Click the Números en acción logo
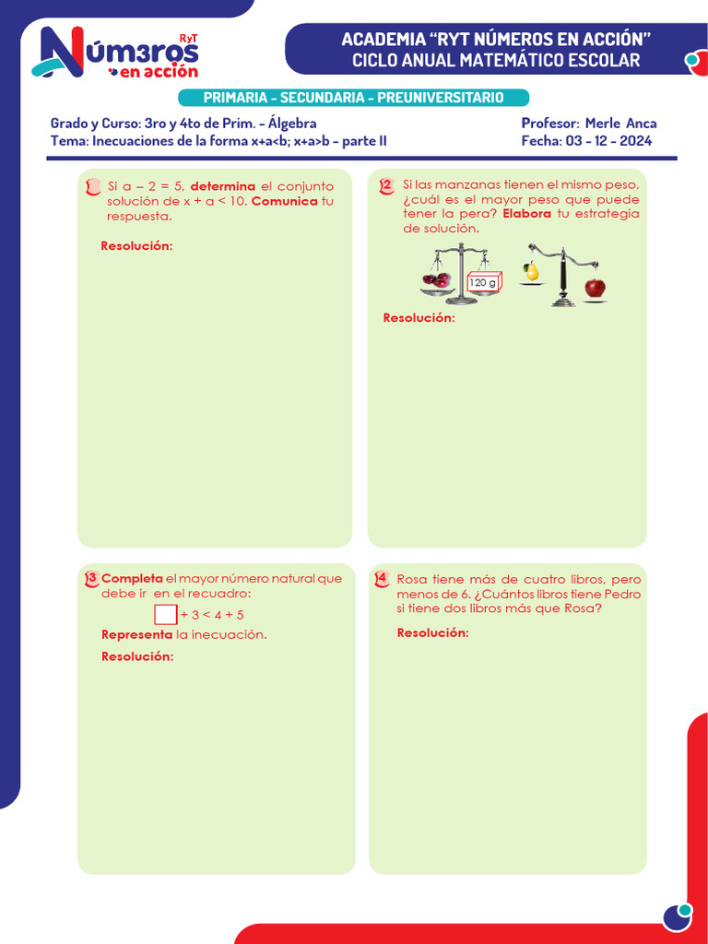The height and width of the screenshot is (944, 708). [115, 53]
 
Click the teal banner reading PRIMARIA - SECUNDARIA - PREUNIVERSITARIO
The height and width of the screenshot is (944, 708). [353, 98]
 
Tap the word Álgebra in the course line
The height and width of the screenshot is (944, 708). [292, 124]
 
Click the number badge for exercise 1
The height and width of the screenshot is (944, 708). [91, 187]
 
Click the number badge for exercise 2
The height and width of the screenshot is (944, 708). [386, 186]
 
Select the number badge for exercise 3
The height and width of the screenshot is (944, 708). [91, 579]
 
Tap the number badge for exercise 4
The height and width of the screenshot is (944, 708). [382, 579]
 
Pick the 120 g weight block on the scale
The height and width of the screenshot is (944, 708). [483, 282]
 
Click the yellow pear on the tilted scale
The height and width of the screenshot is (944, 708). [531, 271]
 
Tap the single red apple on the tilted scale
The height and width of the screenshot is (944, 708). [596, 288]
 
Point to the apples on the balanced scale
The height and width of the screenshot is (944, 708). [436, 279]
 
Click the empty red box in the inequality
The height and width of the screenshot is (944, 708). [166, 614]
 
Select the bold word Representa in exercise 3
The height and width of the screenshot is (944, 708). [136, 635]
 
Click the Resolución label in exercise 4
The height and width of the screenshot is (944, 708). [432, 632]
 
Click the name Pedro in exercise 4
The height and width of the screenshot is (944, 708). [622, 594]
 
